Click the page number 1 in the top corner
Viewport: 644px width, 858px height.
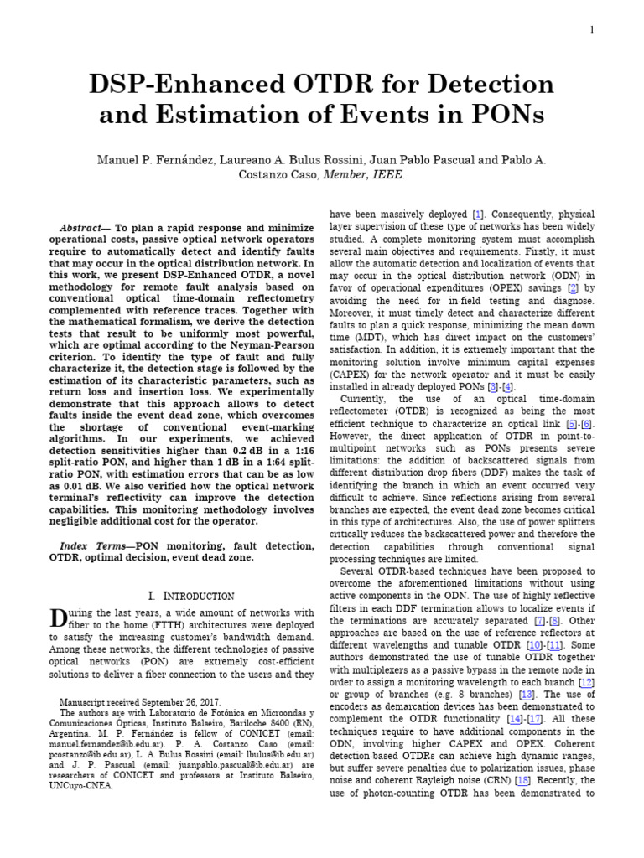(592, 30)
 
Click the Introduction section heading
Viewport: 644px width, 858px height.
(190, 596)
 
